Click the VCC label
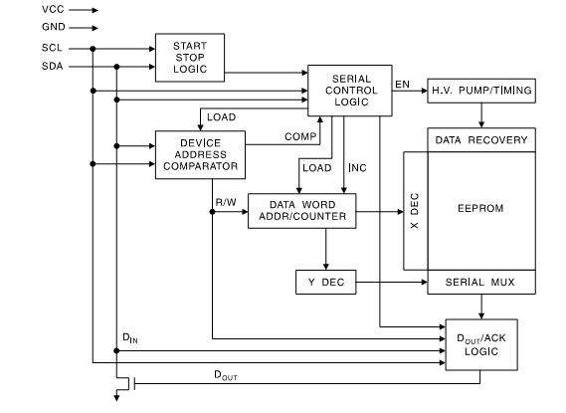click(53, 9)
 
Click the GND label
click(53, 28)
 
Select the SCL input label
click(53, 47)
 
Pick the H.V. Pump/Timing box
click(481, 92)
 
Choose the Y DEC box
click(325, 283)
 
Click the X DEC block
click(415, 211)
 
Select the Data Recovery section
click(481, 140)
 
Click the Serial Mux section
click(481, 283)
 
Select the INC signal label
click(355, 167)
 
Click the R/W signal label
click(226, 202)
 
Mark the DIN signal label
click(128, 338)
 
